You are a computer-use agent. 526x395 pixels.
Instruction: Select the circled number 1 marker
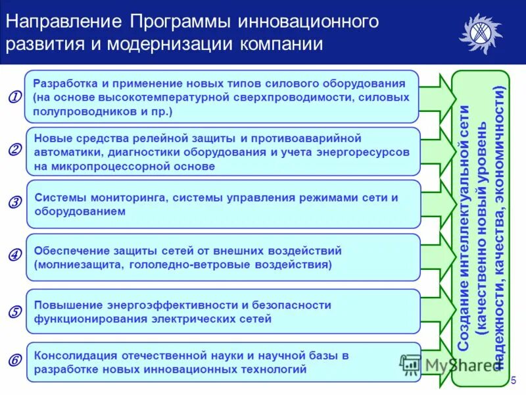click(12, 97)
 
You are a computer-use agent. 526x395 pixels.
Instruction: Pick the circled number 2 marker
click(13, 149)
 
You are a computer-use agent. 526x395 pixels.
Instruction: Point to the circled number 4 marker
click(13, 254)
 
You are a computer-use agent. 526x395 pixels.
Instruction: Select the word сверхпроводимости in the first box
click(277, 97)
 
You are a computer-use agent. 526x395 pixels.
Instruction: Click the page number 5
click(514, 380)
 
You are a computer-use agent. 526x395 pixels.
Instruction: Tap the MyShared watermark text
click(454, 364)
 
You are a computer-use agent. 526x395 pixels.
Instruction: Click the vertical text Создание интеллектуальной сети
click(465, 227)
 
